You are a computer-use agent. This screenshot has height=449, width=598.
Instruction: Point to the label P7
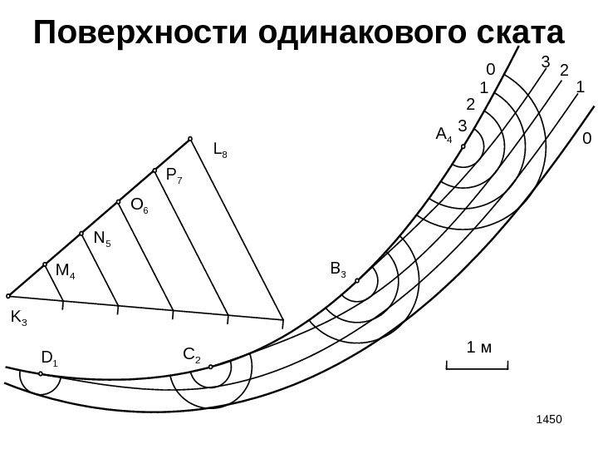click(x=173, y=176)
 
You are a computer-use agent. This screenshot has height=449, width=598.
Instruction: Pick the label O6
click(x=139, y=206)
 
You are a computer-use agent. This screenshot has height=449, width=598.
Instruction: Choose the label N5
click(x=102, y=239)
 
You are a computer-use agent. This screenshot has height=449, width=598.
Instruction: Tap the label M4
click(x=65, y=271)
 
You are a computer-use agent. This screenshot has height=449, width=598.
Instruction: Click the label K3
click(x=18, y=318)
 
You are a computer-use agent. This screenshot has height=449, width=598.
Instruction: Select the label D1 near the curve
click(x=49, y=359)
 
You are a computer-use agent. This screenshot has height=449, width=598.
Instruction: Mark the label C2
click(x=191, y=357)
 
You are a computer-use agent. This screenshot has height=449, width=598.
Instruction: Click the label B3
click(x=338, y=269)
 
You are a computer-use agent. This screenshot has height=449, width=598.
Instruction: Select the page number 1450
click(x=548, y=414)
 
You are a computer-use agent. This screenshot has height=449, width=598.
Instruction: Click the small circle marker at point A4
click(x=463, y=146)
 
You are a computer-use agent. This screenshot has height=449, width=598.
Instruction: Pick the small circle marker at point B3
click(x=357, y=280)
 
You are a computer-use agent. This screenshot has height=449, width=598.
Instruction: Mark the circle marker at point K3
click(x=9, y=295)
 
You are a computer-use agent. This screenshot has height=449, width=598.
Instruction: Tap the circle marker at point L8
click(x=190, y=139)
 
